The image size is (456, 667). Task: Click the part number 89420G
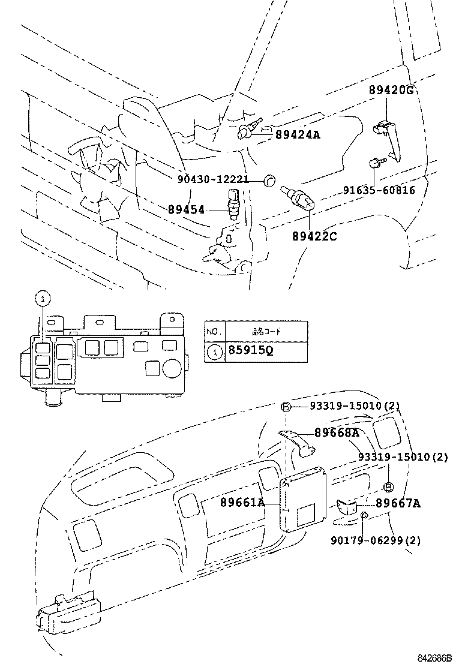(x=392, y=91)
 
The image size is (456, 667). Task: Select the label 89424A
(x=298, y=135)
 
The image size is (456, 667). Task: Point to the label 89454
(x=187, y=209)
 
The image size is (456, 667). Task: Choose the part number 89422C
(x=314, y=236)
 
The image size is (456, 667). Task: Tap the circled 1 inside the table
(x=213, y=351)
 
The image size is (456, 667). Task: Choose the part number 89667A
(x=398, y=503)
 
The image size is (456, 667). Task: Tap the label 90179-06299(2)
(x=375, y=540)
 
